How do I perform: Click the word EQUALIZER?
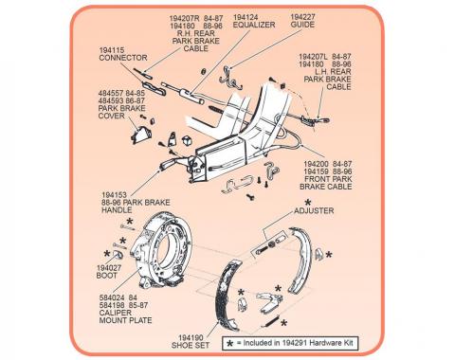point(254,25)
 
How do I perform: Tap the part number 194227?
point(302,17)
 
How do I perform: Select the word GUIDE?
point(302,25)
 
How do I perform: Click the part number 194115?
point(112,50)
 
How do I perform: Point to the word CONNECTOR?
point(123,58)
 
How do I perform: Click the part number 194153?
point(114,195)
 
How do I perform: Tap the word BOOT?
point(107,276)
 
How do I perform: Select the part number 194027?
point(109,268)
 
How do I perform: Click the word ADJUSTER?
point(314,210)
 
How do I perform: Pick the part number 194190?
point(191,338)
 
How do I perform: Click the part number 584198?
point(112,305)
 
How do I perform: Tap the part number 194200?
point(316,164)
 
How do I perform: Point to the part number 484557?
point(111,94)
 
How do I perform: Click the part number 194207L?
point(313,57)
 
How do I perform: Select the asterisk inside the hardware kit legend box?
point(230,343)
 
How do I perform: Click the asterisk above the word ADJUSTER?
point(307,203)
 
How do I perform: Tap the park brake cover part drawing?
point(141,135)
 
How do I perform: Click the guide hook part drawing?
point(229,78)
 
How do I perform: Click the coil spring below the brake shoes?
point(271,321)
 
